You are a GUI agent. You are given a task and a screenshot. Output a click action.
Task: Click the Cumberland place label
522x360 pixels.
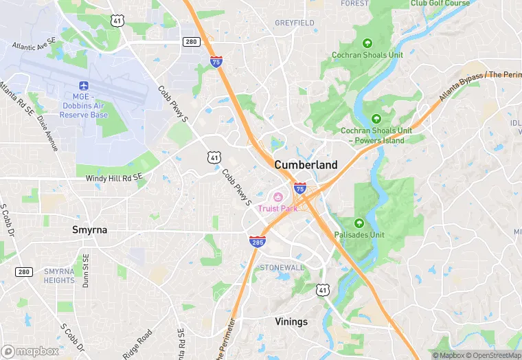pos(306,165)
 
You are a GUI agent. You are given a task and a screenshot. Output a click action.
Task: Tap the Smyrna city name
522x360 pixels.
pos(90,229)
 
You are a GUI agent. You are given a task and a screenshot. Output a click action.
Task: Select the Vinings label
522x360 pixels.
pos(291,322)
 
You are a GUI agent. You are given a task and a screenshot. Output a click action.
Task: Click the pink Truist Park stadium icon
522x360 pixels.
pos(278,198)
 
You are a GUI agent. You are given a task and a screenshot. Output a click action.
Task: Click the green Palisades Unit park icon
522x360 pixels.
pos(359,223)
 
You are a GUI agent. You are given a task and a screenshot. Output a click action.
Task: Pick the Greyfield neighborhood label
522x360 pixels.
pos(295,23)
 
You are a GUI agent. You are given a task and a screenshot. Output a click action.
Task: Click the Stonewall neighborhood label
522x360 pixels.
pos(282,267)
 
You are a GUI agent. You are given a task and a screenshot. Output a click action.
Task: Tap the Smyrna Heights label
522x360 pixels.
pos(59,275)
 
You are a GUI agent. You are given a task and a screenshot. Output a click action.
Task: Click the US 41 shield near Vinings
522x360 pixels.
pos(323,291)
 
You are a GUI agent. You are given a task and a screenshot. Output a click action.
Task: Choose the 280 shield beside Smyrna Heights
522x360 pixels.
pos(24,272)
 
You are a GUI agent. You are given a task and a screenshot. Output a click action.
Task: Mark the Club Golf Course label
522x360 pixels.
pos(440,3)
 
